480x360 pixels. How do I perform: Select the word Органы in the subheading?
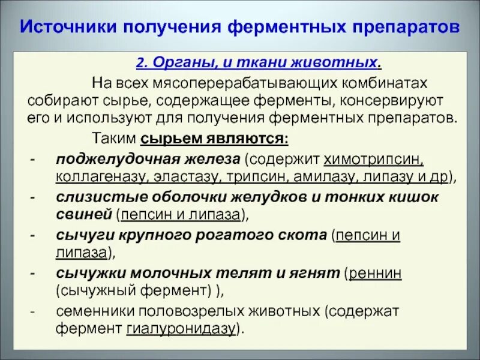point(174,62)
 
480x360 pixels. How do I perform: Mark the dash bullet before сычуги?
point(34,235)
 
